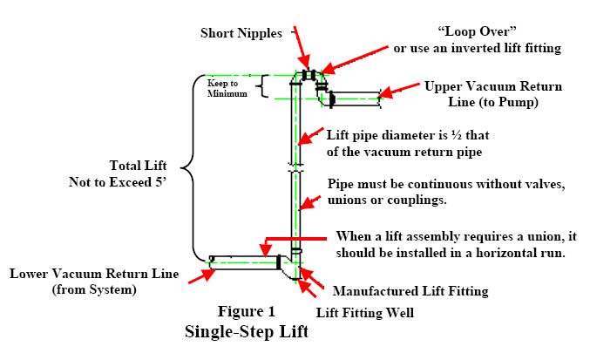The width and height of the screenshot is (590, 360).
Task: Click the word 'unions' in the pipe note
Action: (x=348, y=200)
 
